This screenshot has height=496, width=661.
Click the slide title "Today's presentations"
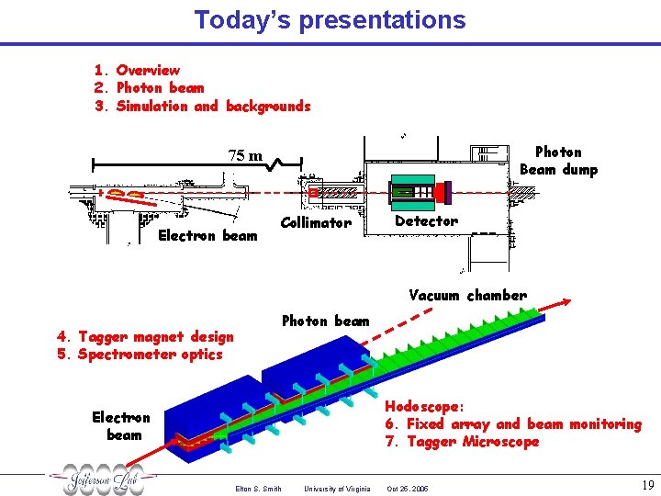330,19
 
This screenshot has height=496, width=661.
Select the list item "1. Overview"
137,70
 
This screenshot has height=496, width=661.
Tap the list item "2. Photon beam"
149,87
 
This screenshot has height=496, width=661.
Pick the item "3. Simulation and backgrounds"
202,106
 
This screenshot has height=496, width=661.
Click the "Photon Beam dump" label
558,161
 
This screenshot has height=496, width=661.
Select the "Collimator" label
315,222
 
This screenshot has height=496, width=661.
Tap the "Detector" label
426,221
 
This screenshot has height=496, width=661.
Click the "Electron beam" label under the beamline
207,235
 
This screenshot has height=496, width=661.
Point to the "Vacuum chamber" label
467,295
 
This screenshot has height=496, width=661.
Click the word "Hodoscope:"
424,406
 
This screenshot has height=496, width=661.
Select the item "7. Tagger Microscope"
462,442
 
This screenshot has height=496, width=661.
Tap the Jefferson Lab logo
102,480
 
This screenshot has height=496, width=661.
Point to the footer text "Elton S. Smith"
258,489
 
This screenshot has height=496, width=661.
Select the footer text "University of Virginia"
337,489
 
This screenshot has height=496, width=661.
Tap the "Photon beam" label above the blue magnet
325,321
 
